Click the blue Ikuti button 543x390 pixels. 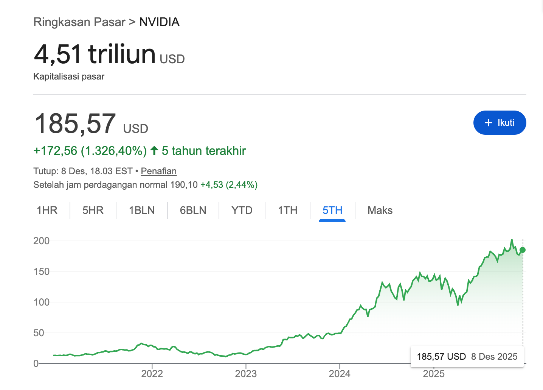coord(499,123)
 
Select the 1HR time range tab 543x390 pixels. coord(47,211)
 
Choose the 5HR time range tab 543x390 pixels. coord(93,211)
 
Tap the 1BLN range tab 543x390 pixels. coord(142,211)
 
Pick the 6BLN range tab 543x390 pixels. coord(193,211)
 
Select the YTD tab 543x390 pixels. coord(242,211)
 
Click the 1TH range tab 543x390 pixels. coord(287,211)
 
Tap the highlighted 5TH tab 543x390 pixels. coord(332,211)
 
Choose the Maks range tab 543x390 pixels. coord(380,211)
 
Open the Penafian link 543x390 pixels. coord(158,171)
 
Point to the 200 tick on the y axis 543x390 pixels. coord(42,241)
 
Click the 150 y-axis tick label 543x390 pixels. coord(42,271)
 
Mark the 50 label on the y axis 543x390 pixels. coord(39,333)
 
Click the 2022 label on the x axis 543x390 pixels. coord(152,374)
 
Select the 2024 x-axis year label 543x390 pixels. coord(340,374)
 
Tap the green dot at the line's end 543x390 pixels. coord(523,250)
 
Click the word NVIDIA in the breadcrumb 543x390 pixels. coord(159,22)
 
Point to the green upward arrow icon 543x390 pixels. coord(154,151)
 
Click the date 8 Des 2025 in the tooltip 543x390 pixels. coord(494,356)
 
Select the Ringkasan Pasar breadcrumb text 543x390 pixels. coord(79,22)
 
